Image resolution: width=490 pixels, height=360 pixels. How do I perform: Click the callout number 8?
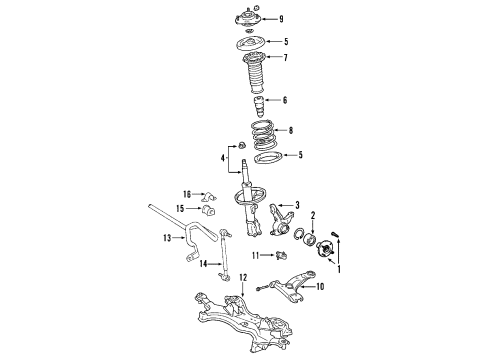(291, 130)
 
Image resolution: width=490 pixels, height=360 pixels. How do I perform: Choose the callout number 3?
(297, 205)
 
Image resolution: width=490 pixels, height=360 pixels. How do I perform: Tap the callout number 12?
(241, 277)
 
